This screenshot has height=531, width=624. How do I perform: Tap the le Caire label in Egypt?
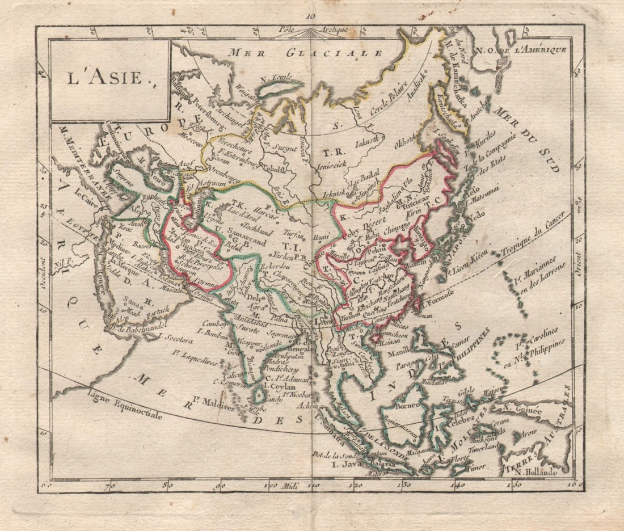pyautogui.click(x=86, y=199)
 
